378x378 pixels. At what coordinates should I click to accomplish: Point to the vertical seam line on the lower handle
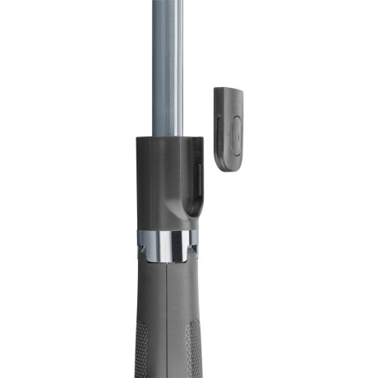point(167,320)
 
